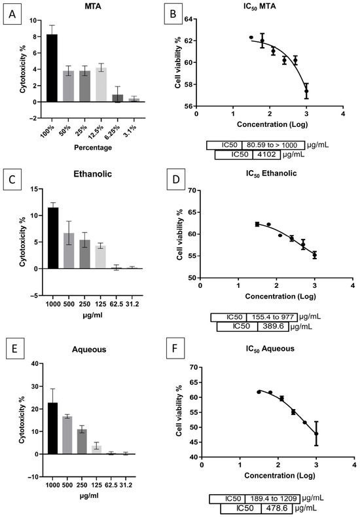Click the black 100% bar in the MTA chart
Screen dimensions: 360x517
pos(52,68)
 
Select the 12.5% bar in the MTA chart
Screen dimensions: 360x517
pos(101,84)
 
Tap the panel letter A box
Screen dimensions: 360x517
pos(12,14)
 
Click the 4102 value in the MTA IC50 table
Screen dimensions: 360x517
pos(266,154)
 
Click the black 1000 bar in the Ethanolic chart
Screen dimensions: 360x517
pos(53,238)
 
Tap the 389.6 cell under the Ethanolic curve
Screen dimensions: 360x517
pos(274,327)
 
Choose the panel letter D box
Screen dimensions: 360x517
pos(175,180)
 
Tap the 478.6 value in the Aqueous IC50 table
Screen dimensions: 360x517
pos(276,508)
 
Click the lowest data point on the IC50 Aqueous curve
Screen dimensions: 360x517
pos(317,434)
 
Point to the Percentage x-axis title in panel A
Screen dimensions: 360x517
pos(93,147)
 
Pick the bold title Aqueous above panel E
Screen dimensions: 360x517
pos(89,349)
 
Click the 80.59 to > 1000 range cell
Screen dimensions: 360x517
pos(272,145)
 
